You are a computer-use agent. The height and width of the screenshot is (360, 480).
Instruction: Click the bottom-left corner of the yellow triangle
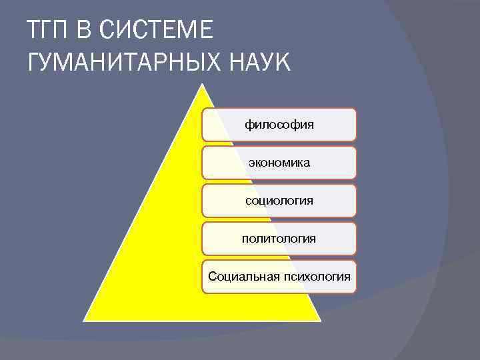coord(84,320)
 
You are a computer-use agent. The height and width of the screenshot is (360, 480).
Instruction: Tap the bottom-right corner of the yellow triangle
coord(320,320)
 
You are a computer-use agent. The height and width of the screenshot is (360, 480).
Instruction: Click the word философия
coord(279,124)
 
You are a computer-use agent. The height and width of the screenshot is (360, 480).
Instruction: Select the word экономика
coord(279,162)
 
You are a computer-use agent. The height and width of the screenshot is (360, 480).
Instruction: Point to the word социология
coord(279,200)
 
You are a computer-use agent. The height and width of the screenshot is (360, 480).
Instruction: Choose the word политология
coord(279,238)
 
